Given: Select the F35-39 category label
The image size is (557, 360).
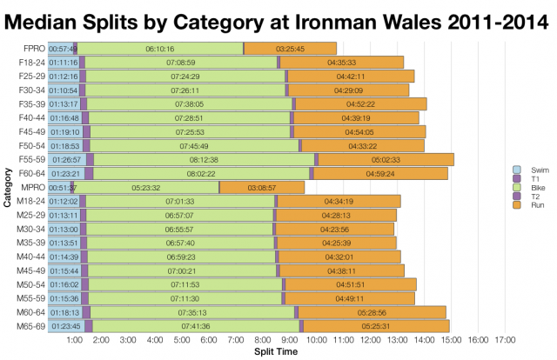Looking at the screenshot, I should pyautogui.click(x=30, y=104).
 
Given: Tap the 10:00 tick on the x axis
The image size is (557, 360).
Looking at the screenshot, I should pyautogui.click(x=316, y=340).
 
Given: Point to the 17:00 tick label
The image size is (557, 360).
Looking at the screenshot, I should pyautogui.click(x=505, y=340).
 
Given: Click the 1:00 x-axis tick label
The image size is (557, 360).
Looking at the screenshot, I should pyautogui.click(x=74, y=340).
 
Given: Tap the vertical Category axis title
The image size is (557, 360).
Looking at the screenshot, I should pyautogui.click(x=8, y=188).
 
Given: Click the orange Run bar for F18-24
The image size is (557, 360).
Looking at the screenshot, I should pyautogui.click(x=342, y=63).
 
